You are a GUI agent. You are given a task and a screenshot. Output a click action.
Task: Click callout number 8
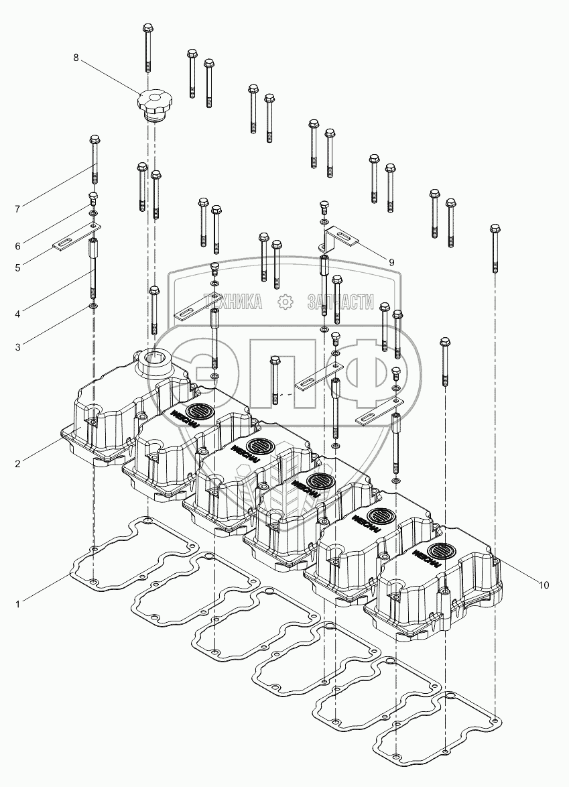coord(76,58)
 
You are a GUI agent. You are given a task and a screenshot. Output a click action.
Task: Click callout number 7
coord(18,209)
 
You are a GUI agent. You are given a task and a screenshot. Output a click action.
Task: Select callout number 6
coord(18,245)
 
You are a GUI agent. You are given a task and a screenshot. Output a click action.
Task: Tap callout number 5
coord(18,267)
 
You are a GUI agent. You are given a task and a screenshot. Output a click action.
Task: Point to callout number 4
coord(18,312)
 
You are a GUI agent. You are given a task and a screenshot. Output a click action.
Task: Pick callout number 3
coord(18,347)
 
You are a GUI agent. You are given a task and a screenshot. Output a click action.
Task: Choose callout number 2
coord(18,463)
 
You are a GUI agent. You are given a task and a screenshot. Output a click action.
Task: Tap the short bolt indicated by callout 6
coord(94,198)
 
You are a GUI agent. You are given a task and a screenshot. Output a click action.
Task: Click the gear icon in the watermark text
coord(286,302)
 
